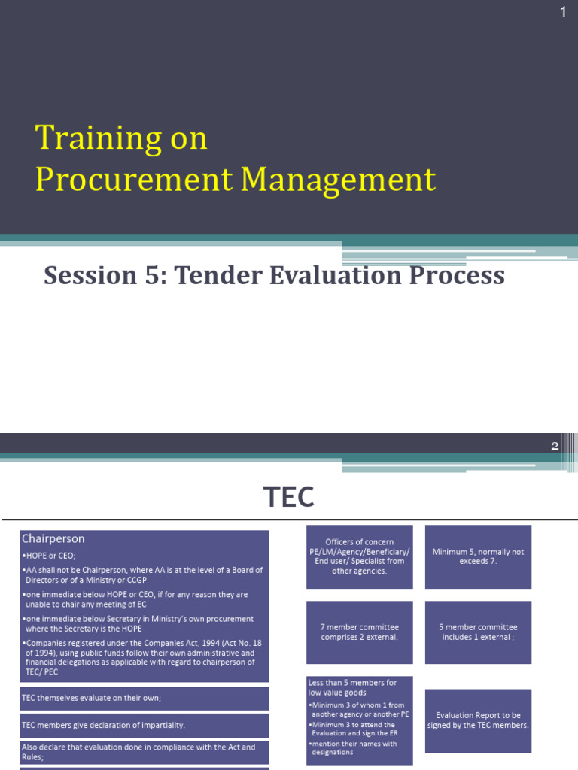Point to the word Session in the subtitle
coord(82,276)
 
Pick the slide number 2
coord(555,446)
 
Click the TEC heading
coord(289,497)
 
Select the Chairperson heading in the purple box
coord(53,538)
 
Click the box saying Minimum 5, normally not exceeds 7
coord(478,556)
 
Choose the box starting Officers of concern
coord(359,556)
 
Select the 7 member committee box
coord(359,632)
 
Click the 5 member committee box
coord(478,632)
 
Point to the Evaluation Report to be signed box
coord(478,720)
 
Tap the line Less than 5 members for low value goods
coord(353,687)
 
